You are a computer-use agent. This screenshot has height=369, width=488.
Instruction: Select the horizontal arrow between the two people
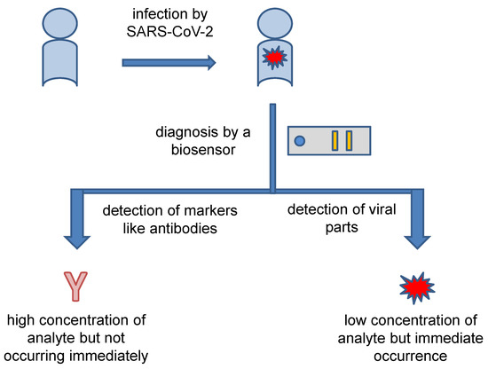point(169,63)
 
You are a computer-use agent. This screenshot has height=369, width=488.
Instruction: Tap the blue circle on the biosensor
point(300,141)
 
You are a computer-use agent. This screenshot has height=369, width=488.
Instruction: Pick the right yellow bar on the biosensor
point(350,140)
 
